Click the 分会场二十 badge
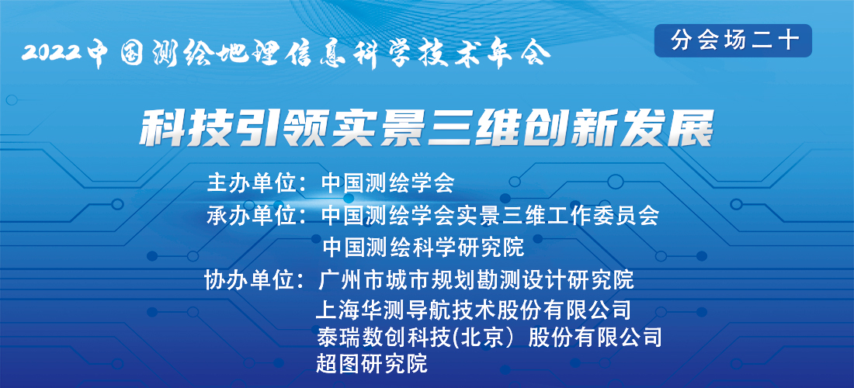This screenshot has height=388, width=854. pyautogui.click(x=733, y=40)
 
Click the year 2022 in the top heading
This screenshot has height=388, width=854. pyautogui.click(x=52, y=54)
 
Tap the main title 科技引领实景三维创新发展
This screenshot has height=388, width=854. pyautogui.click(x=426, y=129)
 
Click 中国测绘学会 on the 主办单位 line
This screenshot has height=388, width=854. pyautogui.click(x=387, y=184)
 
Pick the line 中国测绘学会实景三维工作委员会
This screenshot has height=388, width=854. pyautogui.click(x=490, y=216)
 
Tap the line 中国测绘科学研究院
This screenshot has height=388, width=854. pyautogui.click(x=423, y=248)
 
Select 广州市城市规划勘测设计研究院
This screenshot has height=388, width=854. pyautogui.click(x=475, y=281)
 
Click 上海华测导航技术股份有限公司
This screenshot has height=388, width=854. pyautogui.click(x=474, y=310)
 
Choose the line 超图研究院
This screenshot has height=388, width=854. pyautogui.click(x=371, y=363)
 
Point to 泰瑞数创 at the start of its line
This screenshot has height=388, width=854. pyautogui.click(x=359, y=338)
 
